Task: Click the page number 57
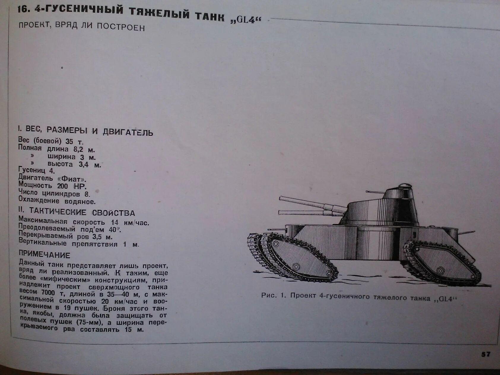(x=486, y=354)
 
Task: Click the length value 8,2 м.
(x=84, y=149)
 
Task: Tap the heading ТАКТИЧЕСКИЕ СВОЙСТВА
(x=82, y=212)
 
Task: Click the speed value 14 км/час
(x=130, y=223)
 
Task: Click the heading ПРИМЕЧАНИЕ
(x=45, y=255)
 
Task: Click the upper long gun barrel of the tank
(x=312, y=204)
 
